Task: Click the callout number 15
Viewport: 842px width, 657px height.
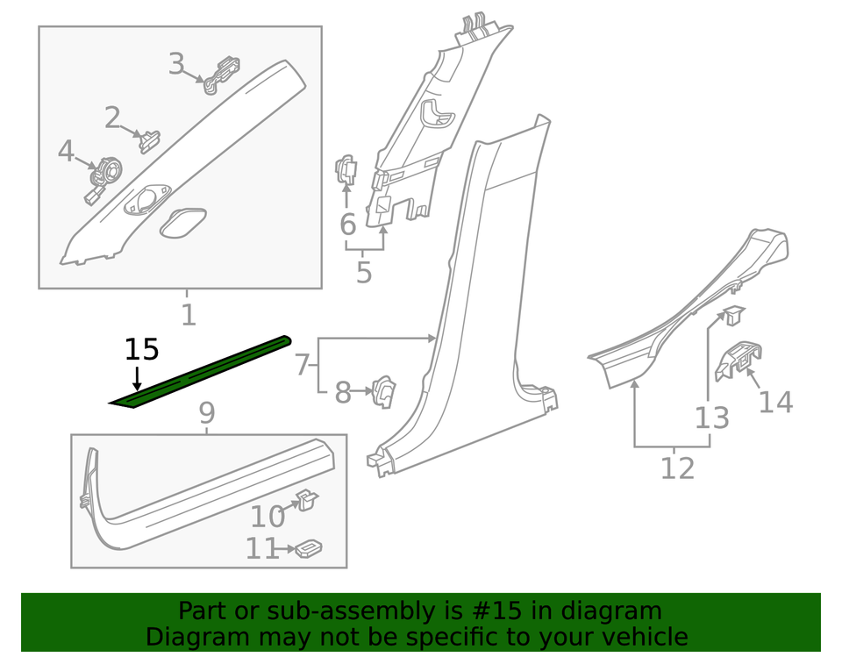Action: tap(141, 349)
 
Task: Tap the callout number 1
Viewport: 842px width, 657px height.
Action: tap(188, 314)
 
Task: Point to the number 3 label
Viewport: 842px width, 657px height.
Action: tap(177, 64)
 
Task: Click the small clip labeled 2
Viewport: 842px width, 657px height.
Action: tap(150, 139)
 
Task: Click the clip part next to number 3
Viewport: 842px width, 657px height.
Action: tap(222, 74)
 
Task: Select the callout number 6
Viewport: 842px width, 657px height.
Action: tap(347, 225)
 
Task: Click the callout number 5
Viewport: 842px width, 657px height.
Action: tap(364, 273)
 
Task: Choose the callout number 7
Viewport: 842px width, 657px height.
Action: tap(301, 364)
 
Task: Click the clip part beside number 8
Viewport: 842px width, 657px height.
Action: tap(384, 391)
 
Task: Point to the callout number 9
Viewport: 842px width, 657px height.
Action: tap(206, 412)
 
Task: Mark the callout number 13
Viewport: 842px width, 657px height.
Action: tap(711, 418)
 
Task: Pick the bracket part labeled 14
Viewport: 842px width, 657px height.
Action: tap(738, 359)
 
